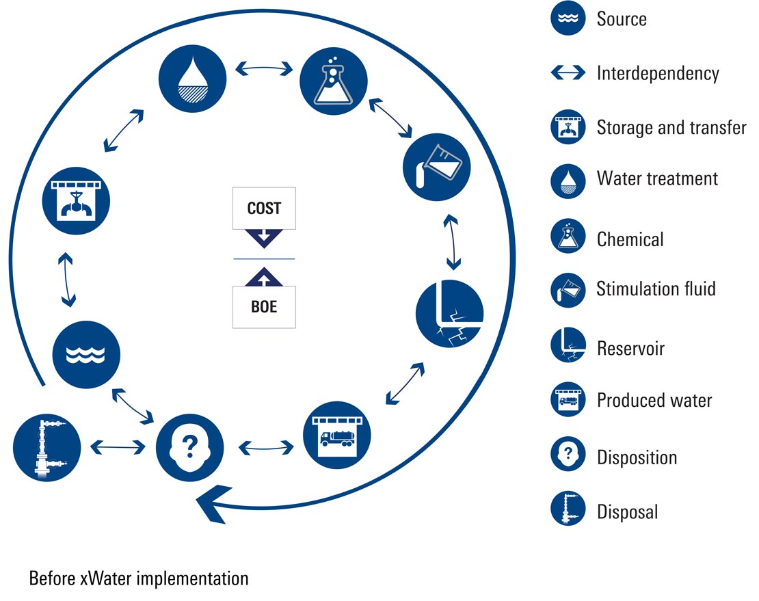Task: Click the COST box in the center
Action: pyautogui.click(x=264, y=208)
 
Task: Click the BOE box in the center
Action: pyautogui.click(x=264, y=307)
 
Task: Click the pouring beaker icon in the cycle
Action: pyautogui.click(x=437, y=162)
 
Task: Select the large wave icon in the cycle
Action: pyautogui.click(x=87, y=353)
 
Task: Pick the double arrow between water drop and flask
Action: pyautogui.click(x=263, y=68)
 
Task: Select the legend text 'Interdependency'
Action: pyautogui.click(x=658, y=72)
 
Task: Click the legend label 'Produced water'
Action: pyautogui.click(x=654, y=400)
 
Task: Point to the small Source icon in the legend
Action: pyautogui.click(x=568, y=18)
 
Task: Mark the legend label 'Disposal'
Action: pyautogui.click(x=627, y=511)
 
